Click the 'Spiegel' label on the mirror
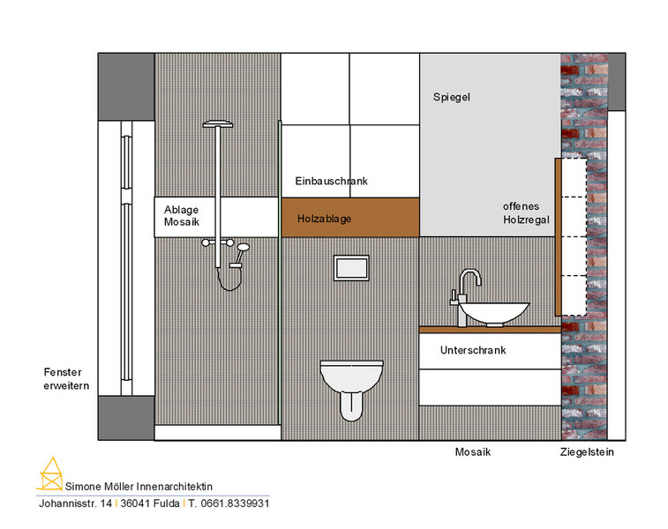452,97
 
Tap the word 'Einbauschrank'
331,181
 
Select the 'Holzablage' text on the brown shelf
324,219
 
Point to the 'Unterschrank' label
473,350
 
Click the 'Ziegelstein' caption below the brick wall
587,452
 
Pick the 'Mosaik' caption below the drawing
472,452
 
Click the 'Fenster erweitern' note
66,379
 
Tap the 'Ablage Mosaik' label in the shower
182,216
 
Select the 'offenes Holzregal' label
526,212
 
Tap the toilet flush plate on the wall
351,268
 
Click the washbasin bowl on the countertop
494,314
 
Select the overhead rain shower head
218,124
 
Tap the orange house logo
50,474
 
